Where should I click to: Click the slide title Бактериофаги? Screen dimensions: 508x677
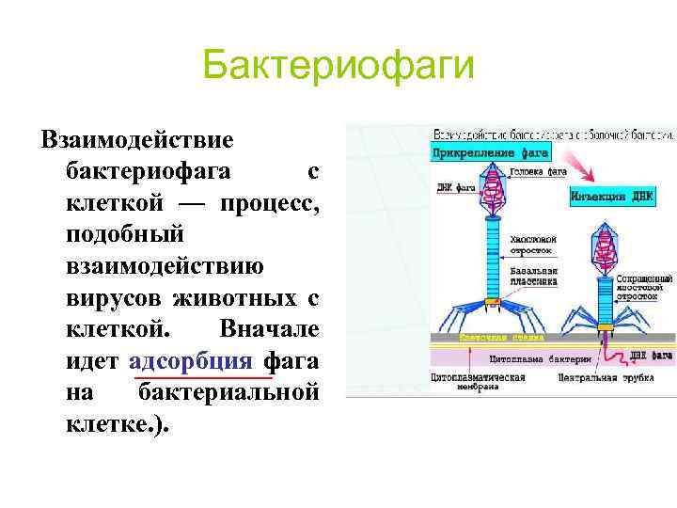pos(338,68)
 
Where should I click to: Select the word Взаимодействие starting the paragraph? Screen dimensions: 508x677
pos(137,140)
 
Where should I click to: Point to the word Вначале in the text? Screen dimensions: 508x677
pos(269,329)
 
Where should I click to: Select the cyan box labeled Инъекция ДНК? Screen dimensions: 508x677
pos(611,197)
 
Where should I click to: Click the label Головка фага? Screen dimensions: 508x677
pos(539,172)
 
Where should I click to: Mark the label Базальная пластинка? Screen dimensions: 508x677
pos(534,276)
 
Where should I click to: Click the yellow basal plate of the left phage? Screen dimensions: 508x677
pos(492,301)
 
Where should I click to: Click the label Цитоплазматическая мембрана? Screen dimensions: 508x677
pos(478,379)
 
